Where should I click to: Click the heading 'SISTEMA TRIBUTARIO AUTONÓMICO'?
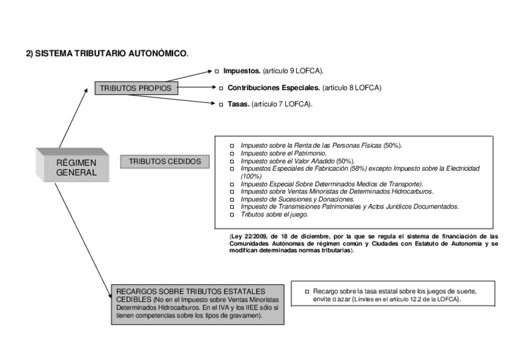tap(111, 53)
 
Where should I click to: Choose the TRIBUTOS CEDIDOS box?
tap(165, 162)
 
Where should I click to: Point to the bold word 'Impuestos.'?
tap(242, 71)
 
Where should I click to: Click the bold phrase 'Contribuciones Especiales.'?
tap(274, 88)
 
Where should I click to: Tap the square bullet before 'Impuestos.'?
tap(217, 71)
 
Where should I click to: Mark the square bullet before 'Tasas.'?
tap(221, 104)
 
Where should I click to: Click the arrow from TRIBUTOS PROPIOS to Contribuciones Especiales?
tap(197, 88)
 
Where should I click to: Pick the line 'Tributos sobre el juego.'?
tap(274, 214)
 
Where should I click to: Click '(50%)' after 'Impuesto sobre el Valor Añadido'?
tap(345, 161)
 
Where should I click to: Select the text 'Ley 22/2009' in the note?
tap(249, 236)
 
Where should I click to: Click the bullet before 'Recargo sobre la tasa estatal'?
tap(307, 291)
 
